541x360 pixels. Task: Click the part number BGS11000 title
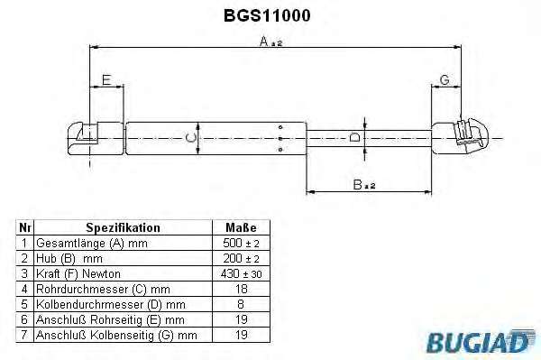(267, 15)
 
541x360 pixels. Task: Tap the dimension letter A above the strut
(264, 42)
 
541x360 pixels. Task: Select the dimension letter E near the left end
(106, 80)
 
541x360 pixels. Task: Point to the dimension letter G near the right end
(445, 80)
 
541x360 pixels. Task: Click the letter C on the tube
(190, 138)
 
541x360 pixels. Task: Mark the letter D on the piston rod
(355, 138)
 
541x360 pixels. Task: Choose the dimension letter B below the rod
(357, 185)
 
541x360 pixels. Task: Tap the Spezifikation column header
(124, 227)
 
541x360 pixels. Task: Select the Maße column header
(241, 227)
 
